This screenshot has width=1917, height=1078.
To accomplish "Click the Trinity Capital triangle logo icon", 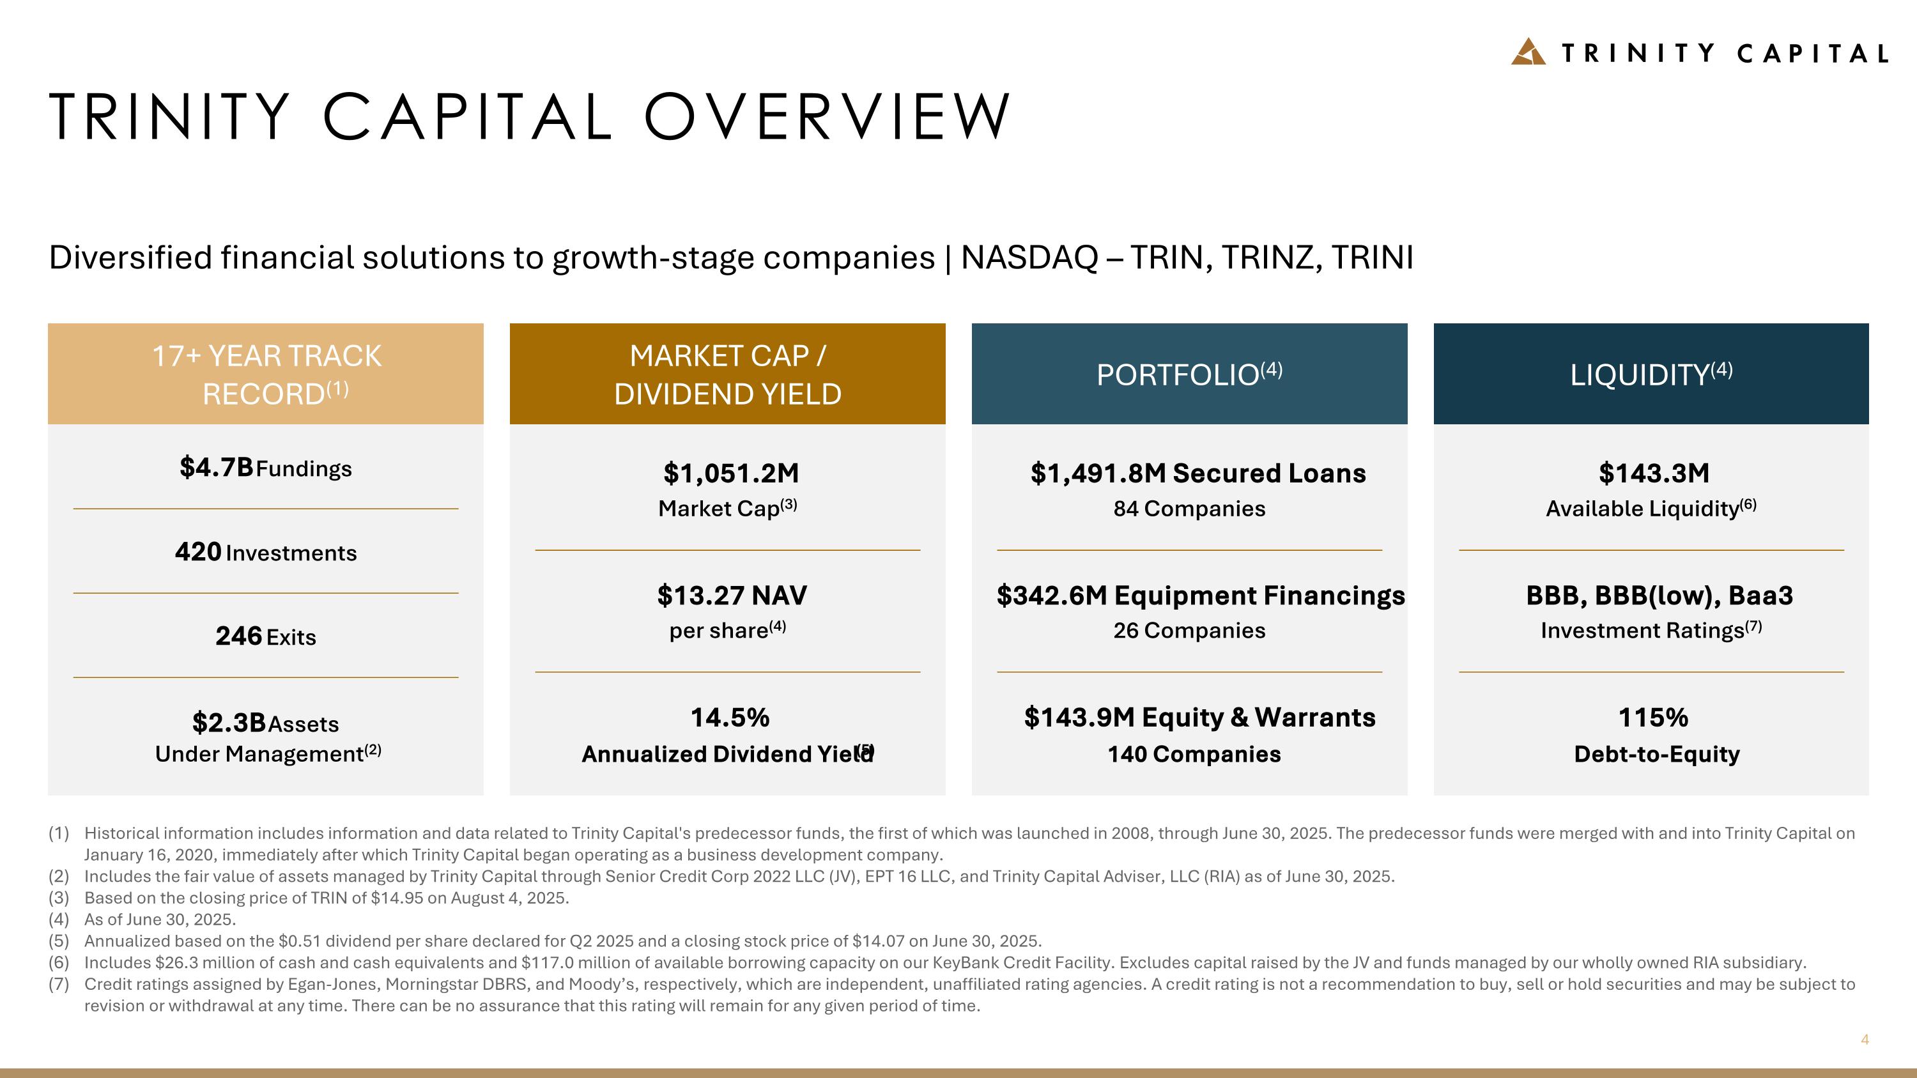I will (1528, 52).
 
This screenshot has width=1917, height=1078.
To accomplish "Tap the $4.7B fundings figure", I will (217, 468).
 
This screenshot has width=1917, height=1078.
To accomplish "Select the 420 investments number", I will (198, 552).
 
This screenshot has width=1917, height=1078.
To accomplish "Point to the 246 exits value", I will (238, 636).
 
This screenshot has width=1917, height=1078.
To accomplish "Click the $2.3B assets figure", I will (229, 722).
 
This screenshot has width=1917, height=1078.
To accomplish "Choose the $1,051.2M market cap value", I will (731, 473).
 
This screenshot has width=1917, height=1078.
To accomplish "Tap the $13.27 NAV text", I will (732, 595).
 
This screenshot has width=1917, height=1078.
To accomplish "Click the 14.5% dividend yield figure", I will (729, 717).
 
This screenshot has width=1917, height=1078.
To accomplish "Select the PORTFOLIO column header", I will (1189, 374).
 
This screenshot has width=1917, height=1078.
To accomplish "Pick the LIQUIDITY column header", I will (1651, 374).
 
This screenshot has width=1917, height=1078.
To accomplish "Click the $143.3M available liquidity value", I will (1654, 473).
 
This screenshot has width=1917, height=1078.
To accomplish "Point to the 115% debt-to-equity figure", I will (1653, 717).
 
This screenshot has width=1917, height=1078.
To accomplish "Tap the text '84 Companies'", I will (1189, 509).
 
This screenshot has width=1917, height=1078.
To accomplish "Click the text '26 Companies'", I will (1189, 631).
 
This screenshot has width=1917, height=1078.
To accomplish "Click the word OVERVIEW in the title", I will (827, 117).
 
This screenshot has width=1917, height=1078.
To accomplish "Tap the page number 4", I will (1864, 1039).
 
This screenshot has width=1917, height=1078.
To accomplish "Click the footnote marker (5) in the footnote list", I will (59, 941).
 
